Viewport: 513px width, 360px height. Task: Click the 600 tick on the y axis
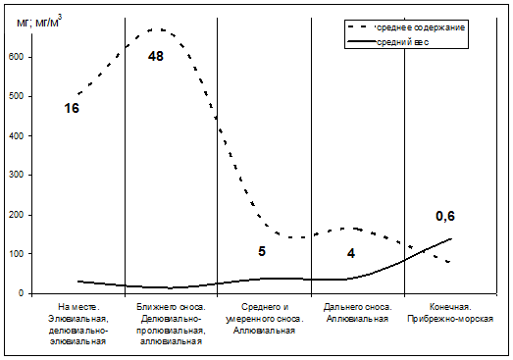17,57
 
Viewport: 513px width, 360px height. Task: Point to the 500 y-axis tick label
17,96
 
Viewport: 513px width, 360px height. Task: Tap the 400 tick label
17,135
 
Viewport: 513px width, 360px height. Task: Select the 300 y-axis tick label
17,175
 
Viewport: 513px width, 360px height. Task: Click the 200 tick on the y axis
17,215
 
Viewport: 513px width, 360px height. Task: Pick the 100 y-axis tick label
17,254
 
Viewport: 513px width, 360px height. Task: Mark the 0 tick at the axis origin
21,293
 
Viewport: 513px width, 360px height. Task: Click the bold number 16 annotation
72,108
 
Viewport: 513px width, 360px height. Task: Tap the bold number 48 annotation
155,56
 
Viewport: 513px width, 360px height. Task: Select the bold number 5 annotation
262,251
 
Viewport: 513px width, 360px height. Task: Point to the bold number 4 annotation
351,253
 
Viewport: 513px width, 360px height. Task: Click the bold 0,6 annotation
445,216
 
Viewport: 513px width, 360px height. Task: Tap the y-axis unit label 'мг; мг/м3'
39,22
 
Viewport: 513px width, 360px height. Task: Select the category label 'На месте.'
78,307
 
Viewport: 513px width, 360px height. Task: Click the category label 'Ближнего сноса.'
171,307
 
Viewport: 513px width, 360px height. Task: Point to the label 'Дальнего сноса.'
358,307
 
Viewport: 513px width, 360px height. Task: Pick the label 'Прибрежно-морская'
450,319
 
